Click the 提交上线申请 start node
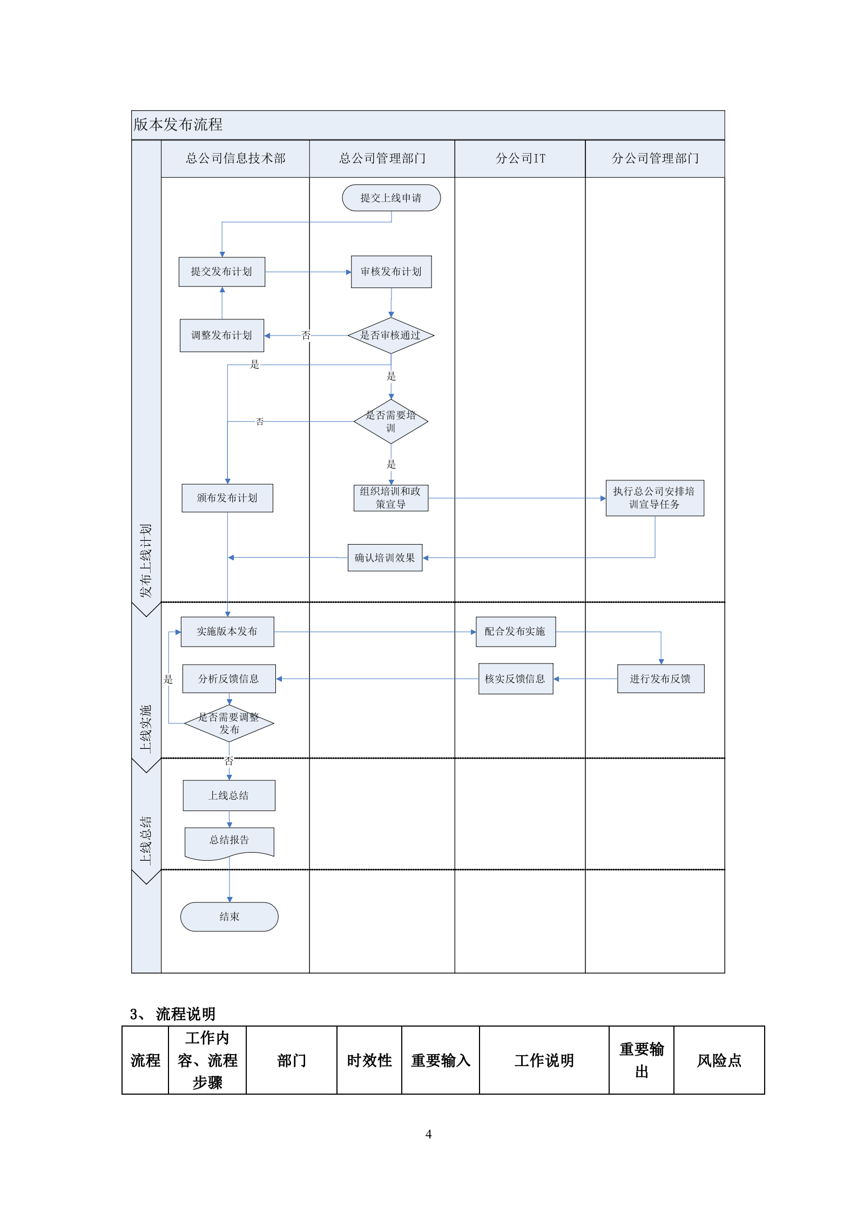click(x=391, y=198)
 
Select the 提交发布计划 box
click(x=221, y=272)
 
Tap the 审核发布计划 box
click(x=391, y=272)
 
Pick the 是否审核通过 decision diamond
click(x=390, y=336)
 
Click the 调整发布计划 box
click(x=221, y=336)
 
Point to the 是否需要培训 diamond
click(x=390, y=421)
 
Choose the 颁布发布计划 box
click(x=227, y=498)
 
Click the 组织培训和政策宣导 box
click(x=390, y=498)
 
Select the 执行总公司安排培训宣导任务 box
click(x=654, y=498)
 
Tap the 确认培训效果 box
click(x=384, y=558)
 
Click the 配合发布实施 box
click(x=515, y=632)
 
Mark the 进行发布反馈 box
click(x=660, y=679)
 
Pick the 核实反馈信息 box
click(x=515, y=679)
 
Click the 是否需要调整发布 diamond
click(x=229, y=723)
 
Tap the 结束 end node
click(x=229, y=916)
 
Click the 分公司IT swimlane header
click(x=520, y=158)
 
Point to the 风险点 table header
click(x=719, y=1060)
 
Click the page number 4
click(x=428, y=1134)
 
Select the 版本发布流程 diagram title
click(x=178, y=125)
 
